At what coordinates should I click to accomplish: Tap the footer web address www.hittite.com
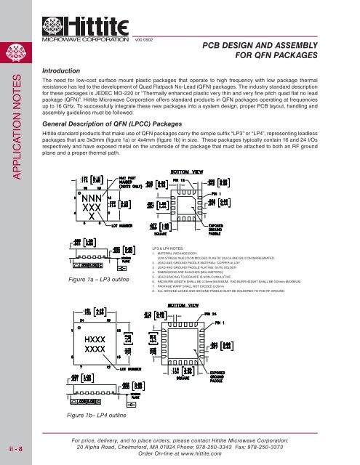point(199,453)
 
